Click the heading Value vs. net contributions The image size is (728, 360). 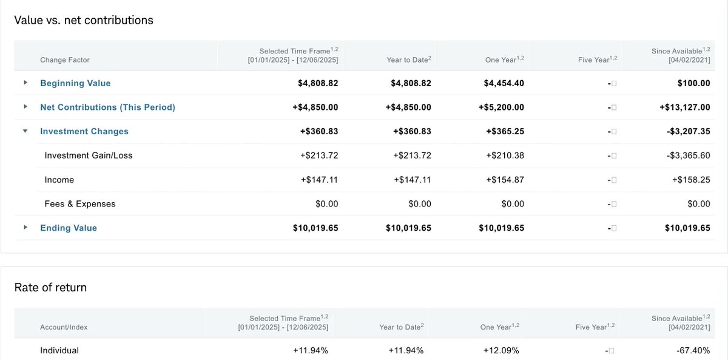click(84, 20)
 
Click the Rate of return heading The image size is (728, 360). click(50, 287)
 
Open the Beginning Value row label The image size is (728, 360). click(75, 83)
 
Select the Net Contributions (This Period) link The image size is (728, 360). click(107, 107)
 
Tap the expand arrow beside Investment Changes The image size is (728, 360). click(25, 131)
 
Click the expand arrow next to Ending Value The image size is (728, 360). click(25, 228)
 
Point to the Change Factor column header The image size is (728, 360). click(65, 60)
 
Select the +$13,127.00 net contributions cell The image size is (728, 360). click(684, 107)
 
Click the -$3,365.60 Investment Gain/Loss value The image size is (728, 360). click(687, 155)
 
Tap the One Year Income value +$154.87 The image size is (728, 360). click(505, 180)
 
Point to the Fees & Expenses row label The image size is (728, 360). click(79, 204)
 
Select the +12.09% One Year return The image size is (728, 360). click(501, 350)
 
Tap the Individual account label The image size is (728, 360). click(59, 350)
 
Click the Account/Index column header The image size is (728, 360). click(64, 327)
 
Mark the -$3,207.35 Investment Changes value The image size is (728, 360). click(687, 131)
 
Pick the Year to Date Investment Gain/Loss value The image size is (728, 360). click(412, 155)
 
